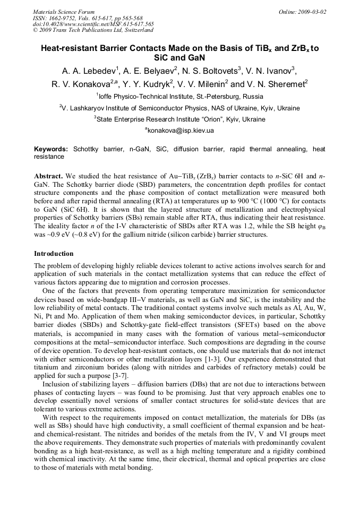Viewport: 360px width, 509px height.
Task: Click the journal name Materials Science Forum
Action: pos(64,12)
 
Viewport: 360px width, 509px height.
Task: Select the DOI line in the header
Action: pos(93,24)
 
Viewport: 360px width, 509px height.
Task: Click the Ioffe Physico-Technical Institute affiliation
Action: pos(181,97)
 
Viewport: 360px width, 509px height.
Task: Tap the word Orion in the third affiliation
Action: pos(211,119)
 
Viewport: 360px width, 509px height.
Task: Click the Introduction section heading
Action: pos(54,254)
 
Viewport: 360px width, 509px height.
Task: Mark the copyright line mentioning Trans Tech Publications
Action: pos(93,30)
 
